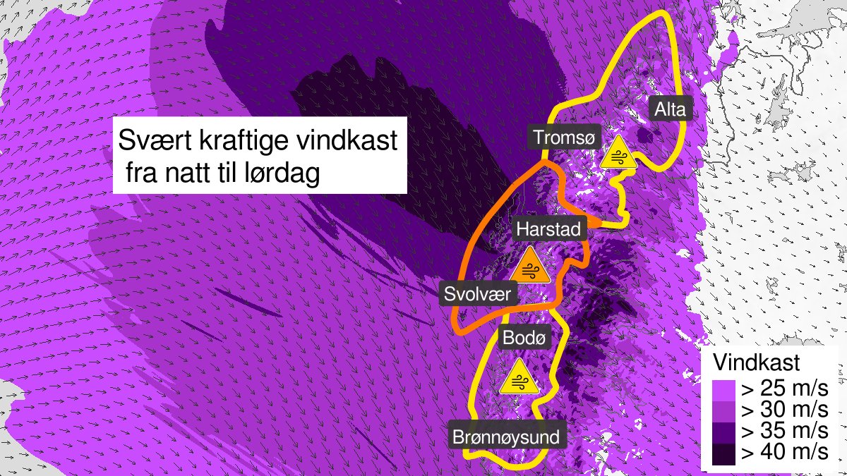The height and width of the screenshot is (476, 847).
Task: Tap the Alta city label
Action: click(x=670, y=109)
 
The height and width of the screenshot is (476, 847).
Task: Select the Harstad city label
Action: click(x=548, y=229)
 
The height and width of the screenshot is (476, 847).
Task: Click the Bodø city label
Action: click(x=523, y=338)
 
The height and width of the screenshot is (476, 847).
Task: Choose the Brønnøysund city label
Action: click(x=508, y=437)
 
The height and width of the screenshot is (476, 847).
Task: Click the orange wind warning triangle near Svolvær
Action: click(x=530, y=266)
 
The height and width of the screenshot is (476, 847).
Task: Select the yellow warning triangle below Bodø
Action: click(x=519, y=377)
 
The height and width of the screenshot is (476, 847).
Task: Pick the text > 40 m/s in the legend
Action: click(x=782, y=453)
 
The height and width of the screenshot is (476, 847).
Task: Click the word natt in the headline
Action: click(x=188, y=173)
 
